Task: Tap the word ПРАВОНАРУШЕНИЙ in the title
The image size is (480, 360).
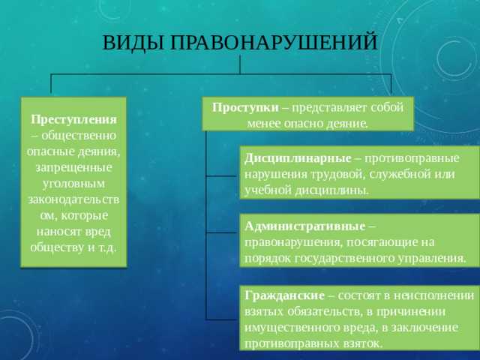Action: point(274,43)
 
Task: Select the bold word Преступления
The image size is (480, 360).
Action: point(73,119)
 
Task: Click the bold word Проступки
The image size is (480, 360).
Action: point(245,107)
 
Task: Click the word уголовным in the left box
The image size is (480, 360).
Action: point(73,183)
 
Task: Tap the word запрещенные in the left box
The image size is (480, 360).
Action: point(73,166)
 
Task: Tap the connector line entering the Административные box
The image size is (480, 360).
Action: point(222,232)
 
